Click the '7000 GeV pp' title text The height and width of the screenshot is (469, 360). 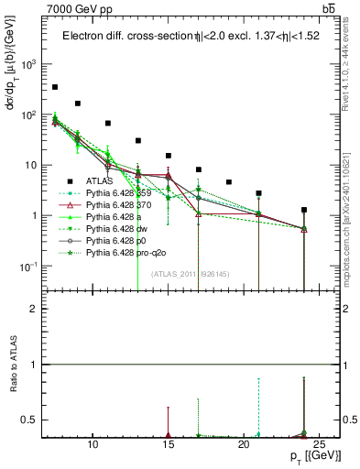click(80, 9)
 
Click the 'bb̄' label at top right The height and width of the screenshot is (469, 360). click(328, 9)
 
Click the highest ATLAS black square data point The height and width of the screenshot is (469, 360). click(55, 87)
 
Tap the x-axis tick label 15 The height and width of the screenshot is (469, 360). click(169, 444)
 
